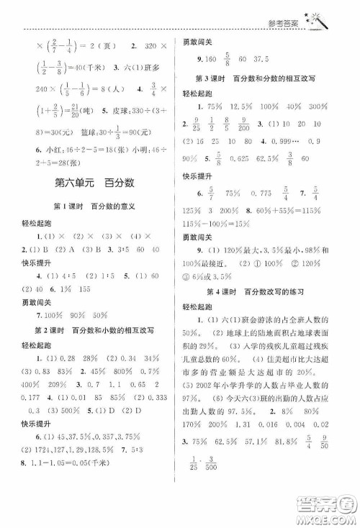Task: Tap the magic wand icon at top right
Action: tap(317, 21)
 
